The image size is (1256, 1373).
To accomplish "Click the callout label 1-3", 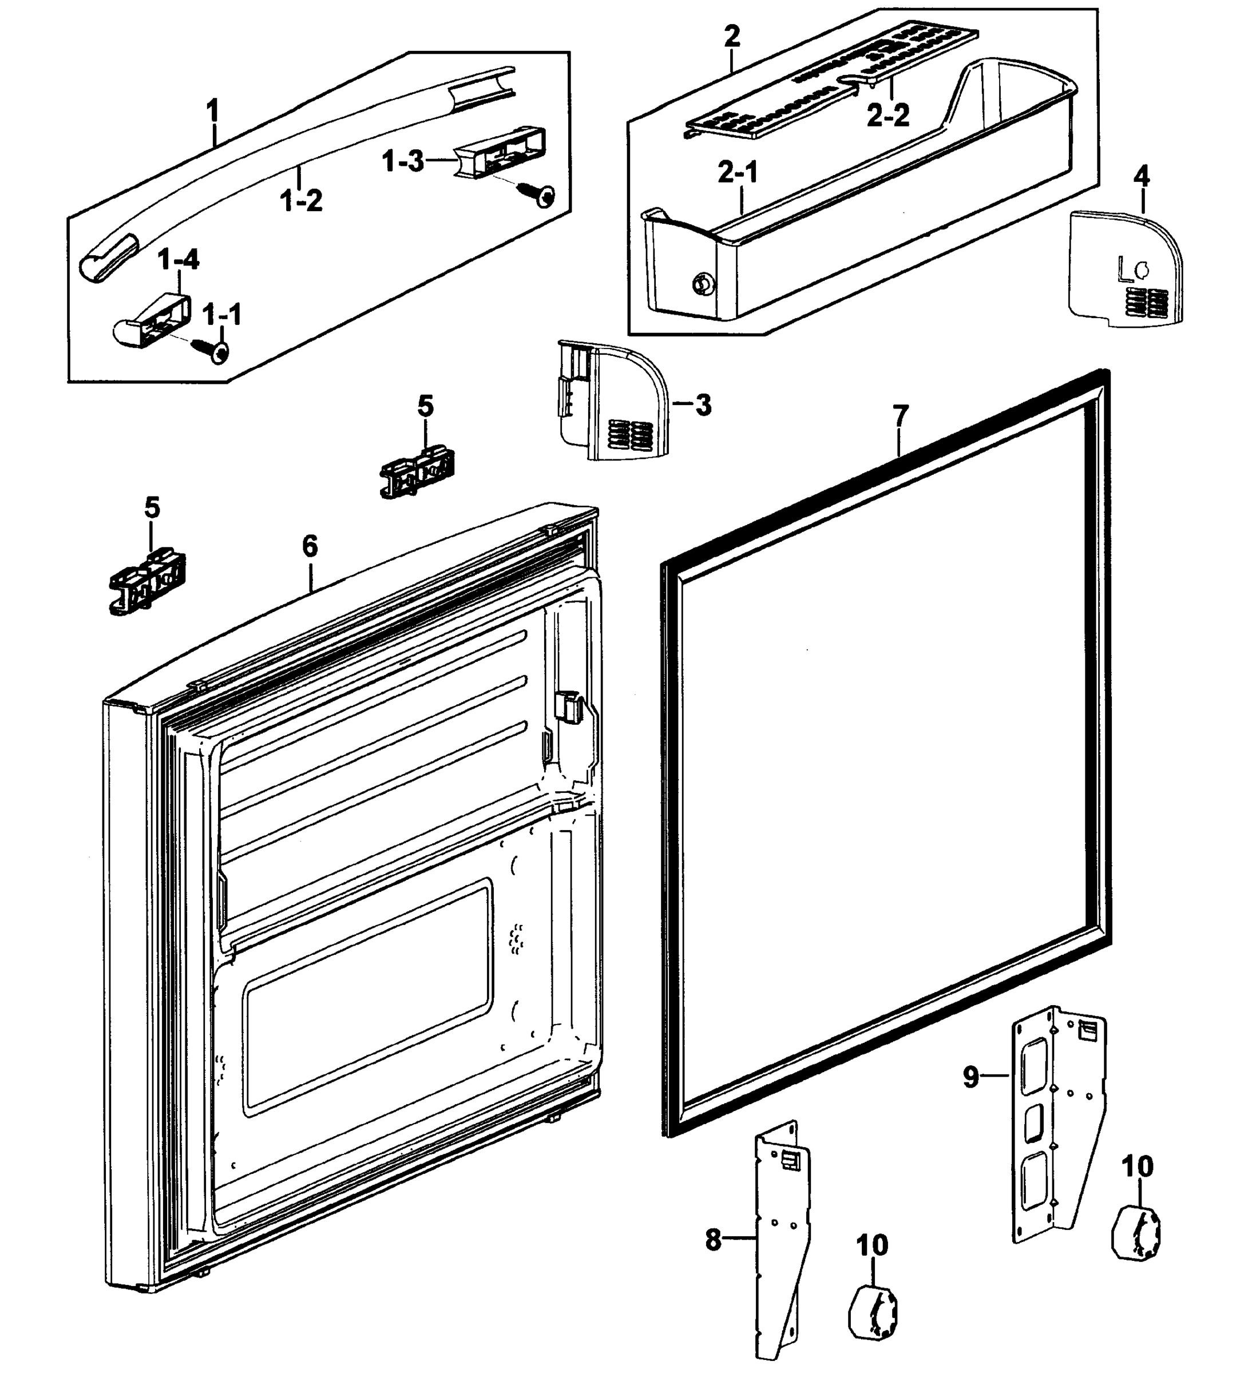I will (x=402, y=161).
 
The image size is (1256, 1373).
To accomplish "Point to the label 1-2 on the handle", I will (x=301, y=200).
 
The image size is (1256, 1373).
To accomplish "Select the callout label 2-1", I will (x=738, y=174).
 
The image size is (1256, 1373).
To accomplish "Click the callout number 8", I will (x=712, y=1240).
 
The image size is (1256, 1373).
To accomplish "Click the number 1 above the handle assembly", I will (x=213, y=110).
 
